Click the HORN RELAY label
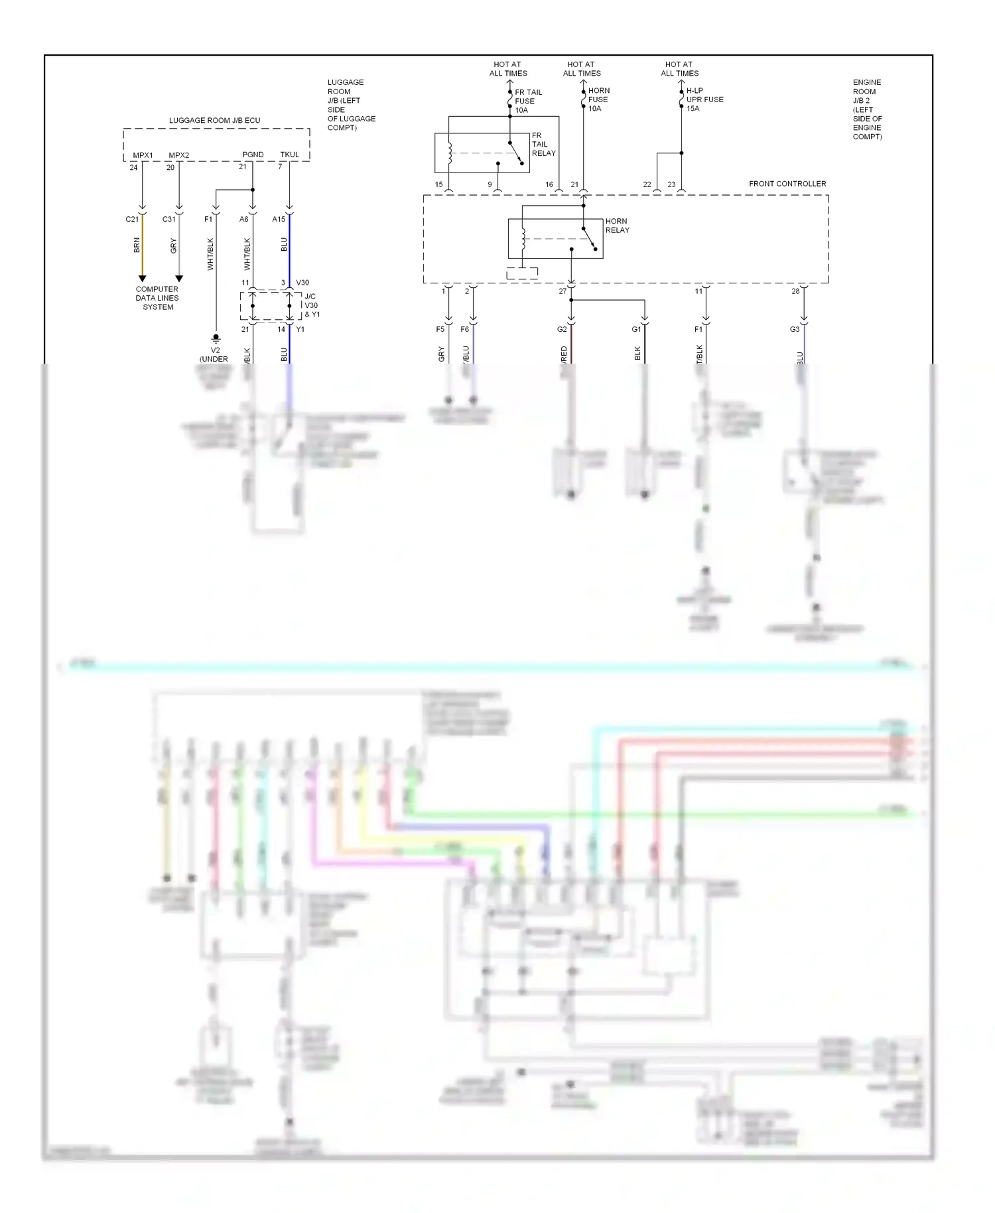(x=617, y=226)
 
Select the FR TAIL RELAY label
(x=543, y=144)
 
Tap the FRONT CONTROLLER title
(x=787, y=184)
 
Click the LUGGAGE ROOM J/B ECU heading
(x=214, y=121)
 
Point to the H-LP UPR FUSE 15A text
(x=704, y=100)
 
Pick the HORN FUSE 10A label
(x=598, y=100)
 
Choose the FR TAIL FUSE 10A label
(x=528, y=101)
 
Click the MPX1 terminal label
(x=143, y=155)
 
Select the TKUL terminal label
(x=289, y=155)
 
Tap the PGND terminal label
(x=253, y=155)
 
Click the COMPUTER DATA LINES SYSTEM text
(x=157, y=298)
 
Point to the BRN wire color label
(x=137, y=245)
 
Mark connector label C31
(x=169, y=219)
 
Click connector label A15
(x=279, y=219)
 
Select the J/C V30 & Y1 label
(x=312, y=305)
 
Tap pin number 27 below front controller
(x=563, y=291)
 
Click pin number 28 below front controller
(x=795, y=291)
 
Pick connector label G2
(x=562, y=329)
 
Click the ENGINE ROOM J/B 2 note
(x=867, y=109)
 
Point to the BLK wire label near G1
(x=638, y=353)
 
